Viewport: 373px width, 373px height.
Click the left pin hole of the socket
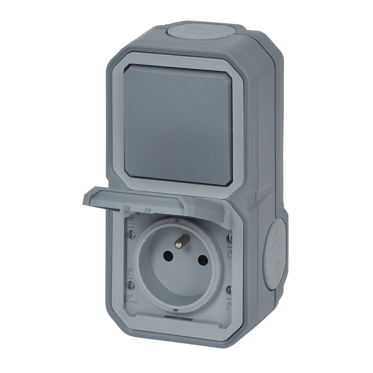[168, 256]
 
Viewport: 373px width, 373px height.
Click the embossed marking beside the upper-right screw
[231, 252]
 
